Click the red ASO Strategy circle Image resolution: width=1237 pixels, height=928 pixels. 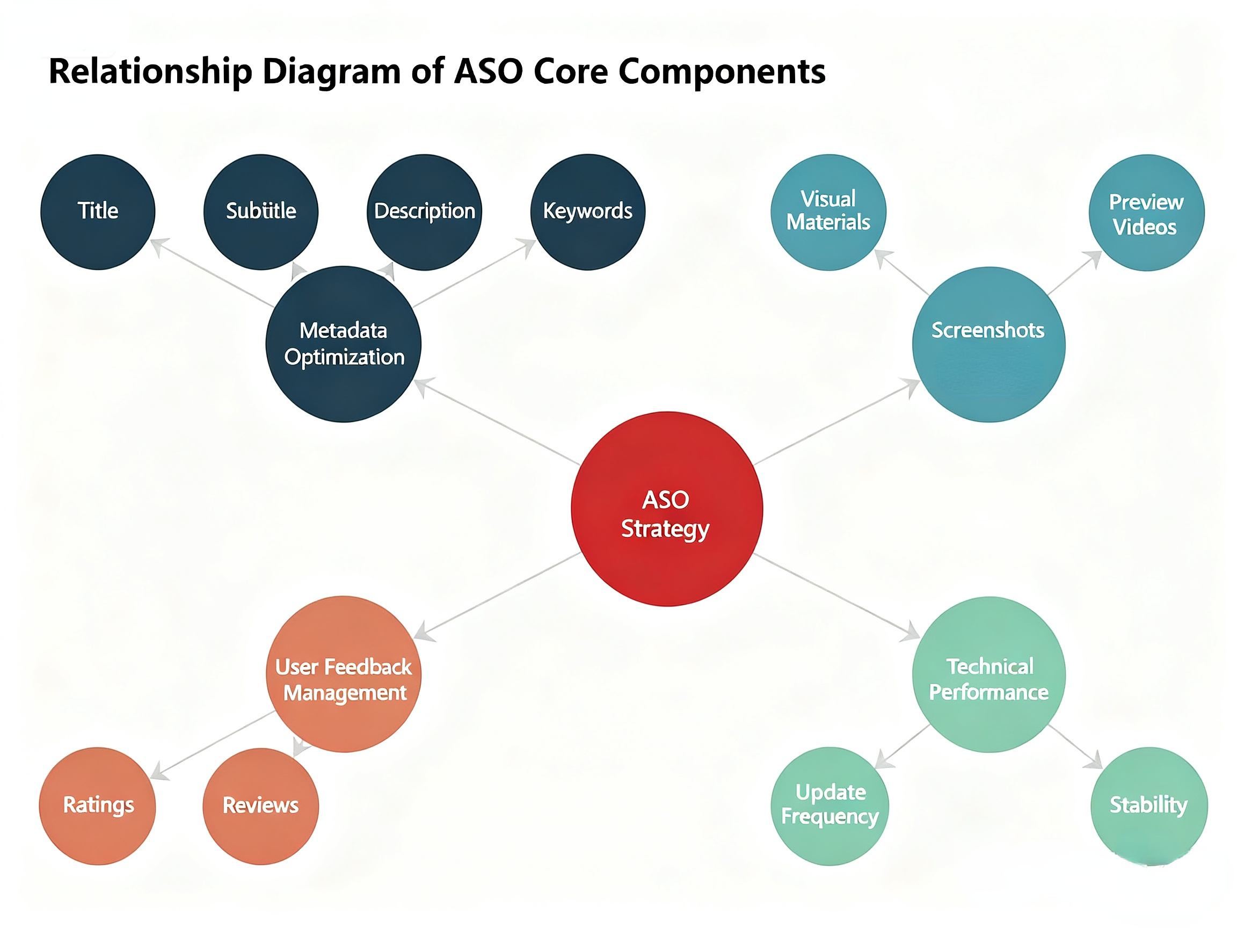(667, 509)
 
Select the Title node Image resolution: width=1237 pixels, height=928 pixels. (98, 212)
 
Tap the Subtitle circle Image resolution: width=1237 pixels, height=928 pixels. (261, 212)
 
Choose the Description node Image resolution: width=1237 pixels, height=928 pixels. (425, 212)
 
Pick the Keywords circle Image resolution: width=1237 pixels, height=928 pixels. (588, 212)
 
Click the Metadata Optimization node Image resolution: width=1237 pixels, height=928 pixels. (344, 344)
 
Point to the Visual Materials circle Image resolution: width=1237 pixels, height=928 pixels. (828, 212)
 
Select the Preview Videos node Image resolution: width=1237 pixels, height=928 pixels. (1146, 213)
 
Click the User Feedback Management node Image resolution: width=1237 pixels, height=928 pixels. (344, 674)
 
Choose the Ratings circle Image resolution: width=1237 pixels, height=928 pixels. (98, 806)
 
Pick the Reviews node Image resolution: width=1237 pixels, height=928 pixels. (260, 806)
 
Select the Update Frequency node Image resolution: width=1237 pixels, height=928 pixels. (829, 806)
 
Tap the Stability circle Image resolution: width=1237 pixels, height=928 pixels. (1149, 806)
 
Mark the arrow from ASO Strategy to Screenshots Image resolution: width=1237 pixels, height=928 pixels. (836, 422)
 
